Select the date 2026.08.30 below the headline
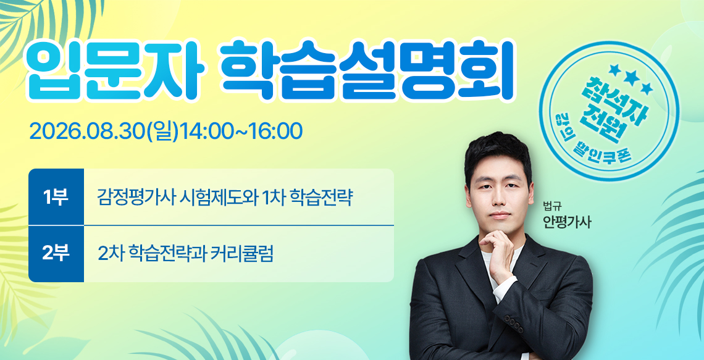(88, 131)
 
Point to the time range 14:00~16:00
(241, 131)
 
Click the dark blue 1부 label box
(56, 197)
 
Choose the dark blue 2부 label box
(56, 254)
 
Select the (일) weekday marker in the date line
(162, 131)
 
